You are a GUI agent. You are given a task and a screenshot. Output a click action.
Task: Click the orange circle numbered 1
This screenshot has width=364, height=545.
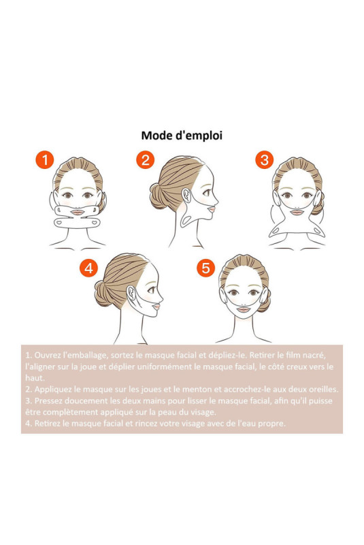(x=45, y=160)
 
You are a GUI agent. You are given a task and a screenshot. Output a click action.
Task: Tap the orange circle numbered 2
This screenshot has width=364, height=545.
(x=145, y=160)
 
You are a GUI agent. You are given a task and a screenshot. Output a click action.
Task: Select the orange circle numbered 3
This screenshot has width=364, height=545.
(x=265, y=160)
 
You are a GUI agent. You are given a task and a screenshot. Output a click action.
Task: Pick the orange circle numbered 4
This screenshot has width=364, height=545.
(x=89, y=268)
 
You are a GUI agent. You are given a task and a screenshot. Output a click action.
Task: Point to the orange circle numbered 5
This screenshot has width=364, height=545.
(x=205, y=268)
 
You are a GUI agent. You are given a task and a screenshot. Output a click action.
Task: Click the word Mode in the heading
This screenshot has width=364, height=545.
(x=154, y=135)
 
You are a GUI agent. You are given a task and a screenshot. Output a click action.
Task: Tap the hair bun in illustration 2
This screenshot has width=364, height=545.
(x=158, y=196)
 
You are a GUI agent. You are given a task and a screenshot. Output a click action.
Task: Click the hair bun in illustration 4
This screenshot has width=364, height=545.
(x=103, y=294)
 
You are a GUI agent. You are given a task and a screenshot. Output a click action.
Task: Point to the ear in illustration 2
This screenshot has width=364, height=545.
(x=186, y=195)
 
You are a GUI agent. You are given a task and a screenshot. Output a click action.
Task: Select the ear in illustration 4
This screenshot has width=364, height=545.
(x=131, y=293)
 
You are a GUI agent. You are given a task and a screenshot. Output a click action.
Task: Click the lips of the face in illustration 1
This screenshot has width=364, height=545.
(x=78, y=212)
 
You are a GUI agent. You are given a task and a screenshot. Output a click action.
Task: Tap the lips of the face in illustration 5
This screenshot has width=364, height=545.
(x=244, y=309)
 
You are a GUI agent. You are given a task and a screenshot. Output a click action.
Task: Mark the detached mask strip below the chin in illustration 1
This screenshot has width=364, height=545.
(x=77, y=223)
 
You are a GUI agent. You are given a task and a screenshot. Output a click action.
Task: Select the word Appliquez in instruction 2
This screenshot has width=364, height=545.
(x=51, y=389)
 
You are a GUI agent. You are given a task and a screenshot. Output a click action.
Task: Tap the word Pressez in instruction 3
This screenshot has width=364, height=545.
(x=48, y=401)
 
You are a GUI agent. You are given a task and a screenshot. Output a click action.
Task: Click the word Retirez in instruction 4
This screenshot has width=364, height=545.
(x=47, y=423)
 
